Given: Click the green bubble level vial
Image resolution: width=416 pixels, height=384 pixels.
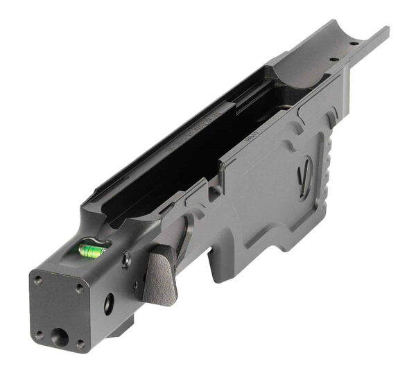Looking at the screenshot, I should click(x=92, y=250).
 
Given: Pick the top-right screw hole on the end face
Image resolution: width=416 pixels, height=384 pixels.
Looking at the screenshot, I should click(x=80, y=288).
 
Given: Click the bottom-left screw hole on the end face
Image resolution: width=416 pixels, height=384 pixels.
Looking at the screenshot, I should click(x=39, y=333).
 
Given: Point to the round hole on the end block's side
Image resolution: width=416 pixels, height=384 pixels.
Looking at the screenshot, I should click(x=109, y=304).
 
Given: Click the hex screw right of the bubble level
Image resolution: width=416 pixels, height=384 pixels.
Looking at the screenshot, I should click(x=125, y=261).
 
